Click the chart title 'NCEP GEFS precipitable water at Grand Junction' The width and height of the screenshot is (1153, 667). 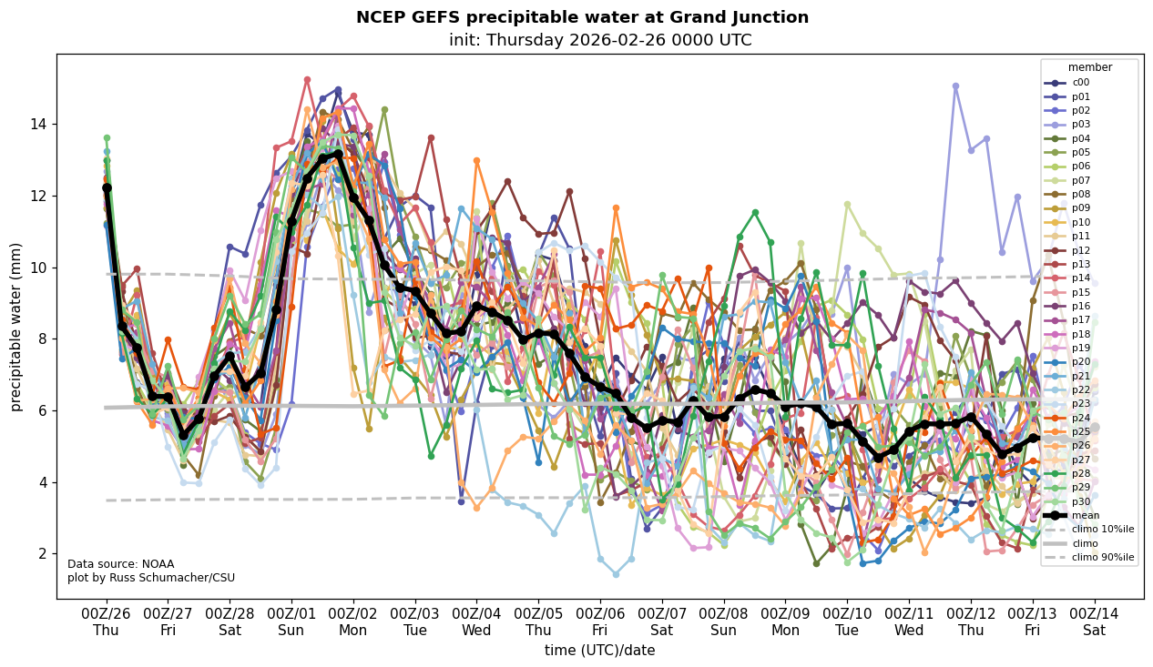pyautogui.click(x=582, y=17)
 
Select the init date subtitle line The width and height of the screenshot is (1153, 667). pyautogui.click(x=600, y=40)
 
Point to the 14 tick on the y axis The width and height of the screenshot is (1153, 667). pyautogui.click(x=42, y=124)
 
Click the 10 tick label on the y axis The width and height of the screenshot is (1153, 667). pyautogui.click(x=42, y=268)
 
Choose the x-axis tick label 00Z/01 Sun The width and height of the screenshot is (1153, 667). pyautogui.click(x=291, y=622)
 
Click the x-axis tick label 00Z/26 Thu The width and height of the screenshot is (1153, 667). pyautogui.click(x=106, y=622)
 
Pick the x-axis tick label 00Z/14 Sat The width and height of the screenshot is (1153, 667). pyautogui.click(x=1095, y=622)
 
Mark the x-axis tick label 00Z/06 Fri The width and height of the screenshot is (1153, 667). pyautogui.click(x=600, y=622)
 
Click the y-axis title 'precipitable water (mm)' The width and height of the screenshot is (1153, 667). pyautogui.click(x=16, y=327)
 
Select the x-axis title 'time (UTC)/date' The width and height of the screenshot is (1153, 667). pyautogui.click(x=599, y=651)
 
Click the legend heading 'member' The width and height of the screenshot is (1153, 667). pyautogui.click(x=1090, y=67)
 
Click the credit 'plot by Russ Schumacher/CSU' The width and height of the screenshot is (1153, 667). pyautogui.click(x=151, y=578)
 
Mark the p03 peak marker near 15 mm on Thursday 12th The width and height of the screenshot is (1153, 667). pyautogui.click(x=955, y=86)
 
